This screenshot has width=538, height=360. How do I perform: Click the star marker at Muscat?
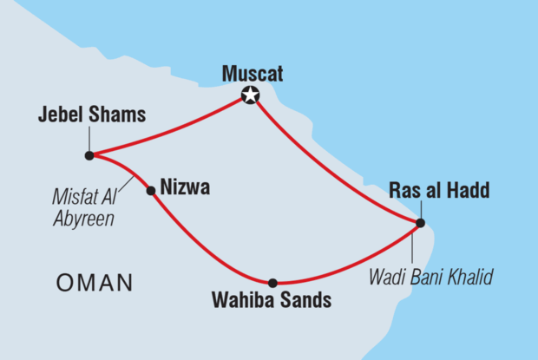[x=251, y=95]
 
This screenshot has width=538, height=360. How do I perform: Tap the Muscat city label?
[x=250, y=74]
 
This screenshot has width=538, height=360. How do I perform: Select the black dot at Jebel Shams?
[x=89, y=155]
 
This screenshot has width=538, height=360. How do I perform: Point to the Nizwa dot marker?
[x=151, y=190]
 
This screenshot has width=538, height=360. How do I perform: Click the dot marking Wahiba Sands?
[x=272, y=283]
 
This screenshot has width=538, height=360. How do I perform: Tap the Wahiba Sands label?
[x=272, y=303]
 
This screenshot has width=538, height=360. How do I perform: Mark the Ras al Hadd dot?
[x=420, y=223]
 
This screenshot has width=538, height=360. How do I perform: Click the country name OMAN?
[x=93, y=282]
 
